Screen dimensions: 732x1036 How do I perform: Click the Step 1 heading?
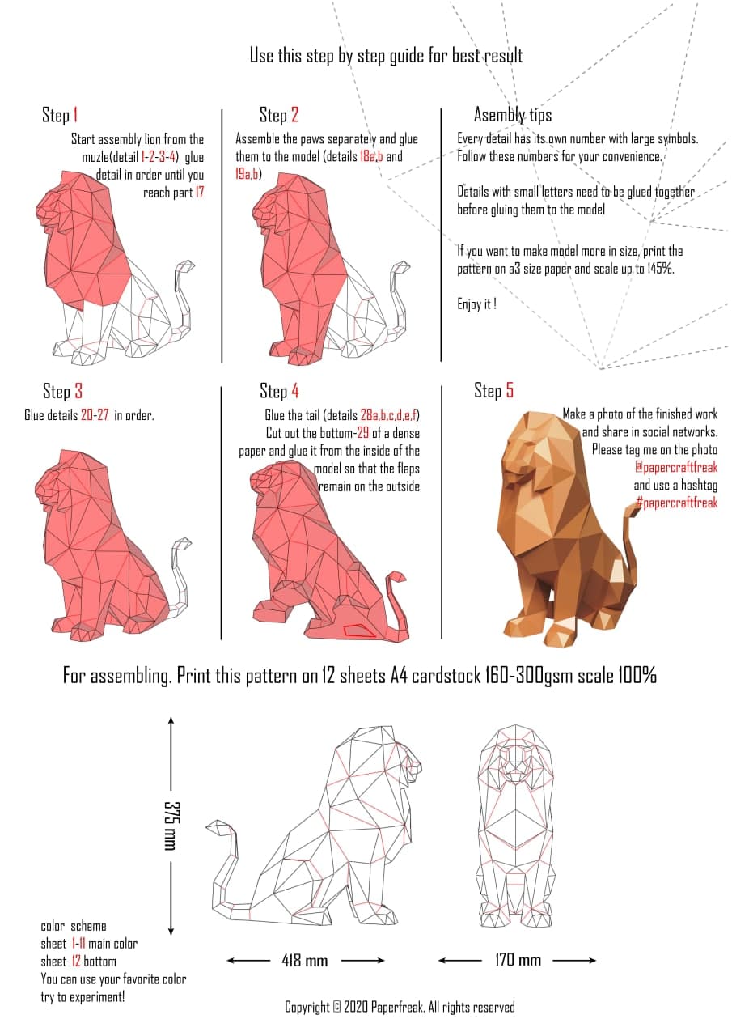point(60,115)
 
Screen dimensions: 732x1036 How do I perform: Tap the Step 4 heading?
point(279,391)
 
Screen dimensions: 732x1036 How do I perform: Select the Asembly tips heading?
point(513,115)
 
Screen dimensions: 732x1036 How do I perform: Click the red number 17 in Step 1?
point(199,193)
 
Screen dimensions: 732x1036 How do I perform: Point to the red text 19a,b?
point(248,174)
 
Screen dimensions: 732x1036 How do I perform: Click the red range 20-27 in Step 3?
point(95,415)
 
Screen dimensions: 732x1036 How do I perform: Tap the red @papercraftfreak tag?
point(676,467)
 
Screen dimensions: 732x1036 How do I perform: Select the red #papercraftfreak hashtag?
point(676,503)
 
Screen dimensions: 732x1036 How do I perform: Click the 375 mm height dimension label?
point(171,826)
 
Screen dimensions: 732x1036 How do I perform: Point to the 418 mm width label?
point(305,961)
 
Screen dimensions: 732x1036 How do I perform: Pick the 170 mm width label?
point(518,960)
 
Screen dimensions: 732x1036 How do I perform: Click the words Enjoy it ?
point(477,304)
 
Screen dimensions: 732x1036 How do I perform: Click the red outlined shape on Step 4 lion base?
point(359,630)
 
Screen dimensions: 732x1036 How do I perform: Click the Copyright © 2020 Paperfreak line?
point(400,1007)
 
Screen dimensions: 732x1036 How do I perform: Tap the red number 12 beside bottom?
point(76,961)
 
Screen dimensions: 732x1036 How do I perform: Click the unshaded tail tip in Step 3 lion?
point(183,543)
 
